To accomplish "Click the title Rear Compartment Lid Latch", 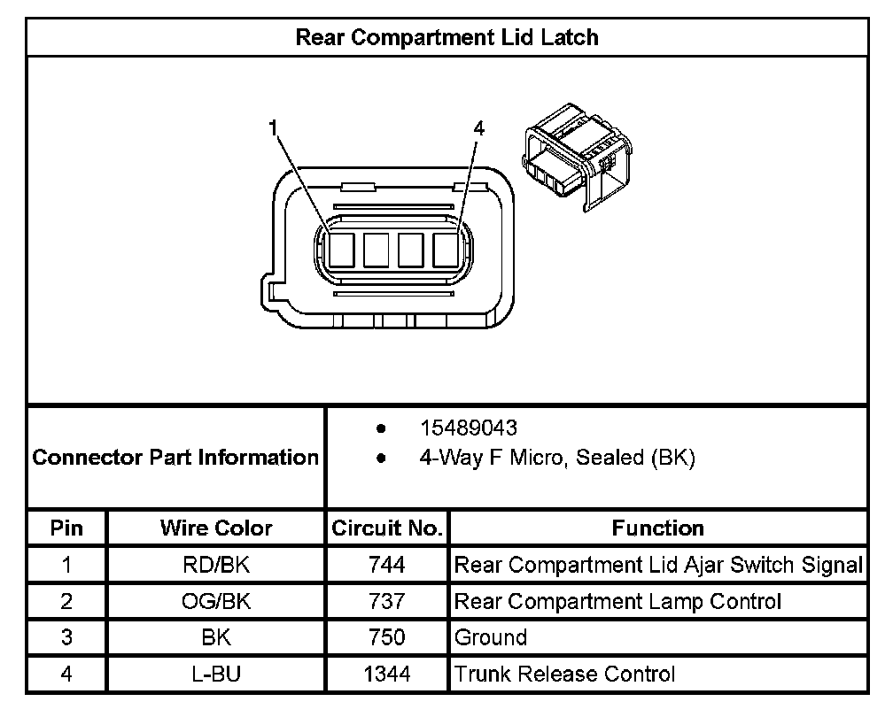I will pos(446,38).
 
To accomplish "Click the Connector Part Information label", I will pos(175,458).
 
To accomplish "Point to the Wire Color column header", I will pos(216,528).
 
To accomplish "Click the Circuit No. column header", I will pos(386,528).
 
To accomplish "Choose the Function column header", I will pos(657,528).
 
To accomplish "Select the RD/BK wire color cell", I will pos(216,565).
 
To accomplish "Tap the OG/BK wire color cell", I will pos(216,602).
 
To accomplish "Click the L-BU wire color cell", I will pos(216,675).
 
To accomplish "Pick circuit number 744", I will pos(386,565).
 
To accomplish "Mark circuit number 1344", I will pos(386,675).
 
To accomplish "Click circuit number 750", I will pos(386,637).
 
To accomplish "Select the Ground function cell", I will pos(491,637).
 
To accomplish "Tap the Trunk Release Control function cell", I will pos(565,675).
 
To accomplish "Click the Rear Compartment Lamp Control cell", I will pos(617,602).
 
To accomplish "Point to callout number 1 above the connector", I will pos(275,128).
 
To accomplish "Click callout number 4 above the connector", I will pos(478,128).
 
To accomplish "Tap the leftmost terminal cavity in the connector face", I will pos(341,250).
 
